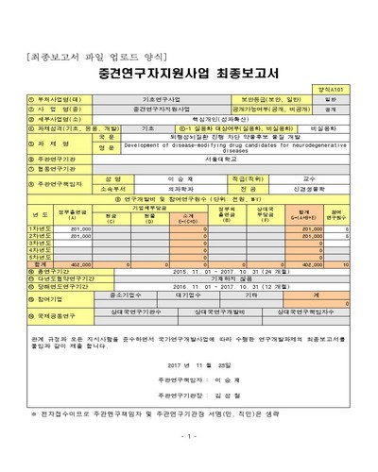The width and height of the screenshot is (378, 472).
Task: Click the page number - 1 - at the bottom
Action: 189,435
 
